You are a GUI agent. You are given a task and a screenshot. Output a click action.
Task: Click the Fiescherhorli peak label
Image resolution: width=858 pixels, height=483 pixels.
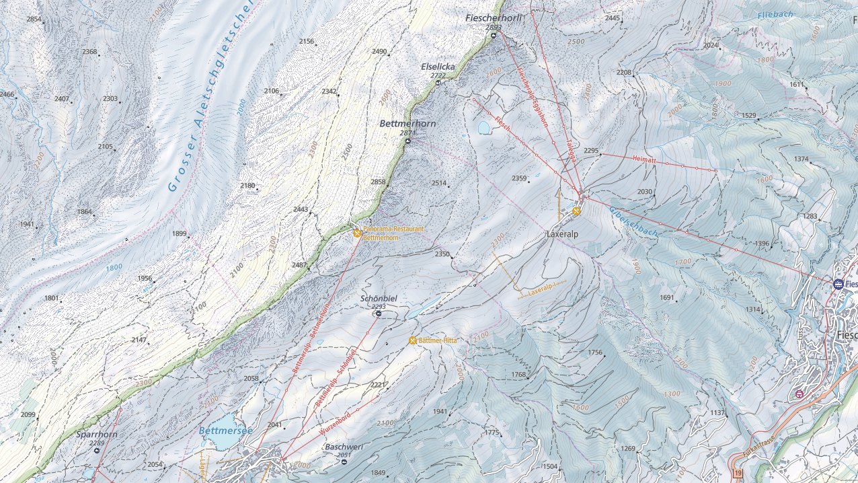pos(493,18)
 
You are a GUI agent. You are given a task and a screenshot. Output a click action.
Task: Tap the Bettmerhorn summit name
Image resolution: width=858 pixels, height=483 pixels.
pos(407,124)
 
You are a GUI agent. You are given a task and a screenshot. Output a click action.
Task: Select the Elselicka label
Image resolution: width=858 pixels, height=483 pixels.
pos(438,67)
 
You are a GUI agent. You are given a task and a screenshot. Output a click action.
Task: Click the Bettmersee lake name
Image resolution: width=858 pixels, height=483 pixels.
pos(225,431)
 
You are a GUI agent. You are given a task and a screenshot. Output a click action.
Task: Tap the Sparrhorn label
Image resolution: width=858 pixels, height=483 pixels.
pos(97,435)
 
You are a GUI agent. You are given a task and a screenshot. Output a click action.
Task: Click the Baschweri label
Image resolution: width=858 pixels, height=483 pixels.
pos(344,447)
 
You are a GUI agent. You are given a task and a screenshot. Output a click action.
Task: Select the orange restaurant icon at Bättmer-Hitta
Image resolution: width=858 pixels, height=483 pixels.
pos(413,340)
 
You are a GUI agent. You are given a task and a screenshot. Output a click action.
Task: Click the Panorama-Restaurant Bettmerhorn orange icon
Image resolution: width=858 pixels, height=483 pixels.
pos(357,233)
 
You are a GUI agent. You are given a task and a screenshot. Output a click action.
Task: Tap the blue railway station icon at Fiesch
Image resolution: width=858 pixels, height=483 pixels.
pos(838,285)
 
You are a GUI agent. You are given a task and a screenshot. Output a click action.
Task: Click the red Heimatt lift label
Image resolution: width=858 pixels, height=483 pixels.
pos(644,159)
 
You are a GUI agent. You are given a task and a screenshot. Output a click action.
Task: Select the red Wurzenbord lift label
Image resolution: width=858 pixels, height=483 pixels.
pos(335,419)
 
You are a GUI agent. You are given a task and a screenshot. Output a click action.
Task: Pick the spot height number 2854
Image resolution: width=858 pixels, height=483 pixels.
pos(34,20)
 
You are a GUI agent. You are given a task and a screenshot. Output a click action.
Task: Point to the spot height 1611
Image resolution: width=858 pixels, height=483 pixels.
pos(797,85)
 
